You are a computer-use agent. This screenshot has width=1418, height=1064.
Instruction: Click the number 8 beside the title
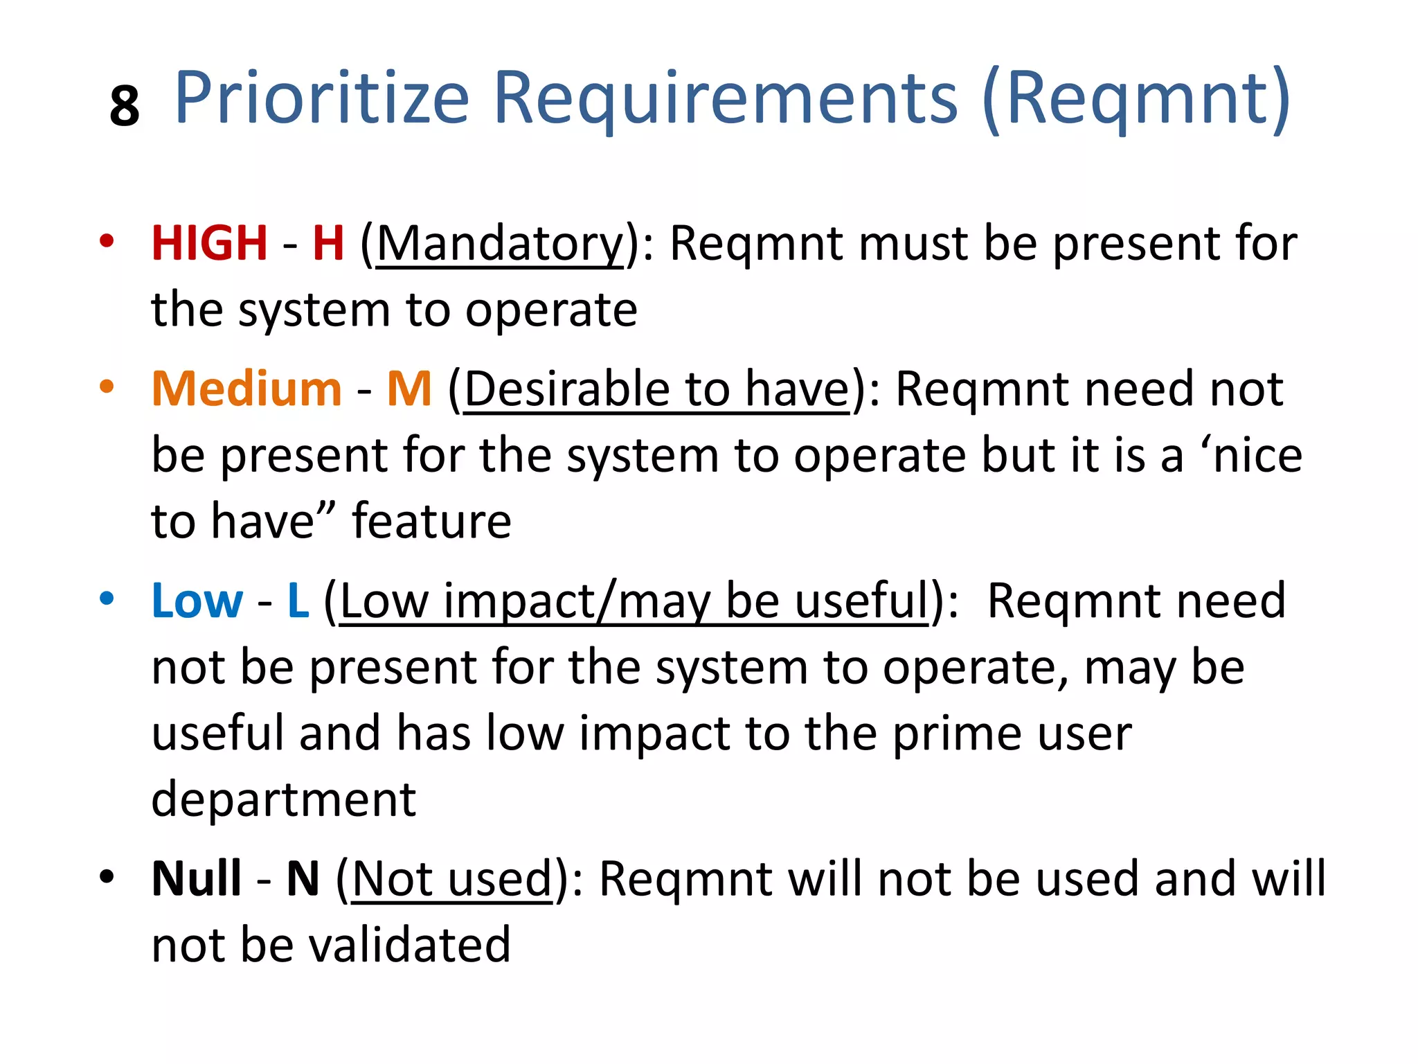125,107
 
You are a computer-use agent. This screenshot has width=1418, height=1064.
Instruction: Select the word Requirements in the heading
725,98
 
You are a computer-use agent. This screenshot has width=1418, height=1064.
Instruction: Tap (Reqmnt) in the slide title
1136,98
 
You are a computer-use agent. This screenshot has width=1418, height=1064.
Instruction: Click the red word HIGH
209,243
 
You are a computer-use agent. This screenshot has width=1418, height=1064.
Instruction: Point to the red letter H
328,243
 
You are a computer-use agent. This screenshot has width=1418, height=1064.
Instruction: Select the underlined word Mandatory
500,245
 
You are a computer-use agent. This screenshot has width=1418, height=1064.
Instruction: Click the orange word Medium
246,389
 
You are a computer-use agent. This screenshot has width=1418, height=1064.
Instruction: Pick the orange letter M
409,389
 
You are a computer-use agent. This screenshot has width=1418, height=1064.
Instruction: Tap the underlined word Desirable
566,389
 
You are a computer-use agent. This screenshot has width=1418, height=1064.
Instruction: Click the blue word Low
197,601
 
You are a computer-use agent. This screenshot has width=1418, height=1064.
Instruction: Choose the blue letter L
298,601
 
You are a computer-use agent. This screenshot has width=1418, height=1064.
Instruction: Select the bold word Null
197,878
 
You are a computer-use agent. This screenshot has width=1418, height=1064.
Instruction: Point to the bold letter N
303,878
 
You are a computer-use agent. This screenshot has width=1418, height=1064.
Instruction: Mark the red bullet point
106,241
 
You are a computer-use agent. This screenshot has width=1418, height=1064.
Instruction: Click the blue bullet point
106,598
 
